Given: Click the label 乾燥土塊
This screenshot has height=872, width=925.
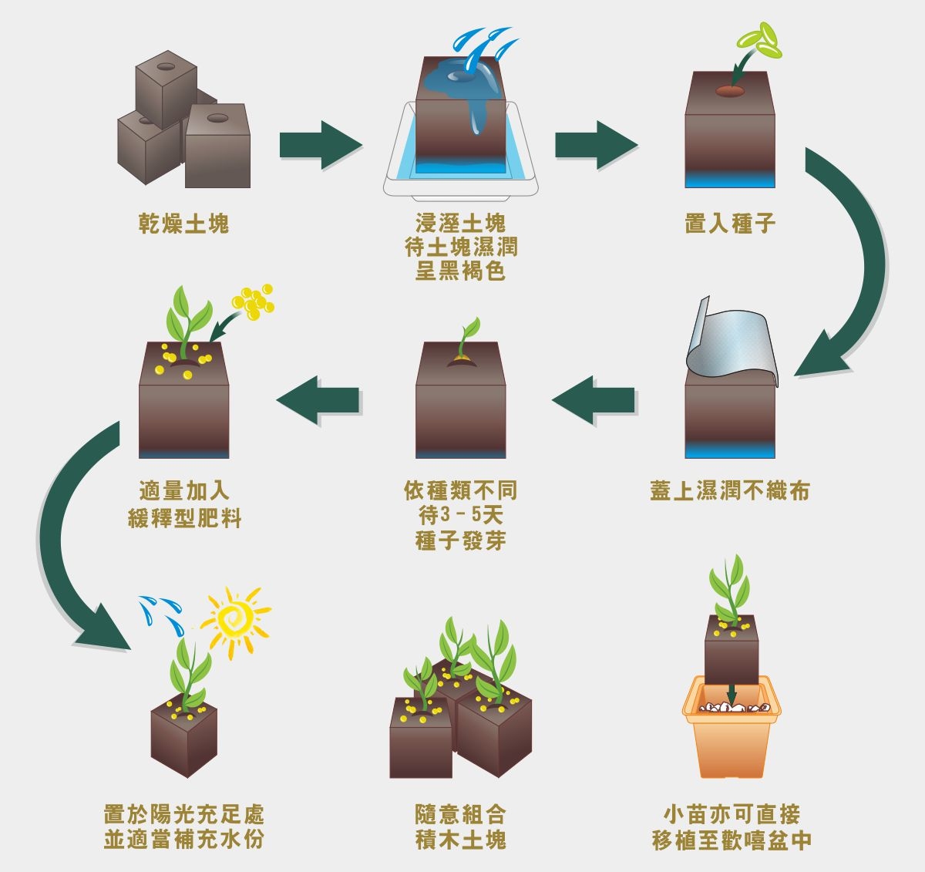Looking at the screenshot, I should point(183,224).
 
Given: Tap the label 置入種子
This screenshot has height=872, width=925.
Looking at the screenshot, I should point(729,224).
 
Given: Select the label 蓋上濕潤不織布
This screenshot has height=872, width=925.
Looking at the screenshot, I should point(729,491).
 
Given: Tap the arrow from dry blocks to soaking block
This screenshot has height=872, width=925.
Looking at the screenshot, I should point(319,144).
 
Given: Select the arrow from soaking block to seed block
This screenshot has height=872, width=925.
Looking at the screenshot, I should point(595,144).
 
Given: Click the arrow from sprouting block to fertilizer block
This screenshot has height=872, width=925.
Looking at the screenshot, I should point(318,400).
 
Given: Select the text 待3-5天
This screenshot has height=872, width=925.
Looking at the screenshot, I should point(460,515).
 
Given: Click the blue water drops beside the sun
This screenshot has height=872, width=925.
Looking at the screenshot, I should point(159,608).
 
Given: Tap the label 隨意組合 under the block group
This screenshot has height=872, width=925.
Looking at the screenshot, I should point(460,814).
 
